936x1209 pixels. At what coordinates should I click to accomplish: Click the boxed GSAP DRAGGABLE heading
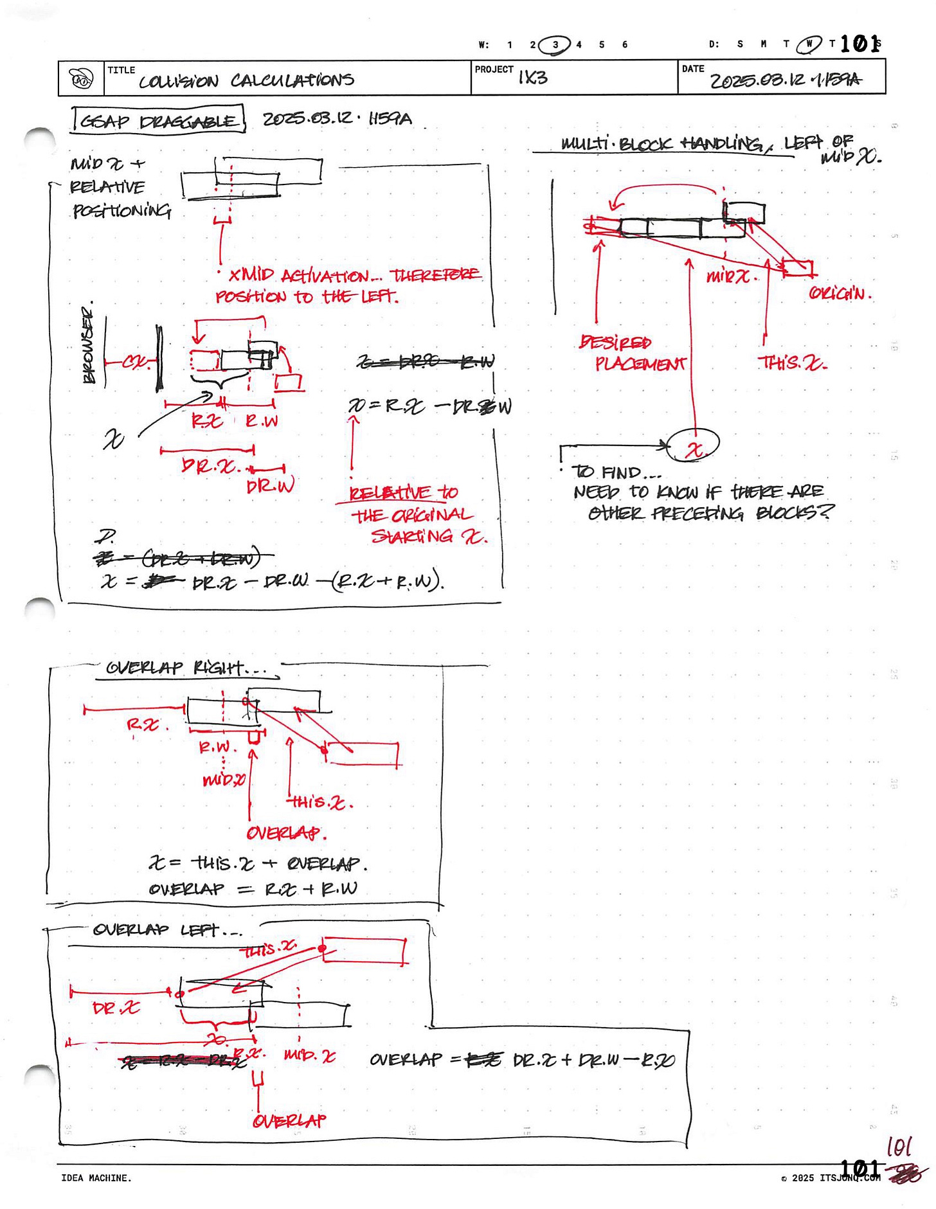tap(158, 120)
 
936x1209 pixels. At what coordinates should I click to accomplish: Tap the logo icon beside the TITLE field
tap(82, 79)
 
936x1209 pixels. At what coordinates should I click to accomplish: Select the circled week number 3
tap(555, 44)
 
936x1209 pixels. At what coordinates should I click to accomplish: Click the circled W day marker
tap(809, 44)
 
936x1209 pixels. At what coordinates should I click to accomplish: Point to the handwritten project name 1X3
tap(533, 78)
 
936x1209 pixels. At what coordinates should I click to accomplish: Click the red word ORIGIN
tap(840, 294)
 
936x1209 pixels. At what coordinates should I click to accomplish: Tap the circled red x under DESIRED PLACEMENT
tap(693, 445)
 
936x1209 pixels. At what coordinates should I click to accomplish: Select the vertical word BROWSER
tap(88, 344)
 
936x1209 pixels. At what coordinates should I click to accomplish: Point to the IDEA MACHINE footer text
tap(96, 1178)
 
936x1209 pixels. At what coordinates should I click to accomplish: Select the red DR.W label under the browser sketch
tap(270, 485)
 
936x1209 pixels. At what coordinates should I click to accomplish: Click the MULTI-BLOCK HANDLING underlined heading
tap(662, 143)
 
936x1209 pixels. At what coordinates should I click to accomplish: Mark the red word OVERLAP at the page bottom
tap(289, 1121)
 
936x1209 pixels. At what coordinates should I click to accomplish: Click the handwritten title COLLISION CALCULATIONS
tap(246, 80)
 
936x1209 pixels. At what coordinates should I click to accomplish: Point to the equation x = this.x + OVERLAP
tap(257, 863)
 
